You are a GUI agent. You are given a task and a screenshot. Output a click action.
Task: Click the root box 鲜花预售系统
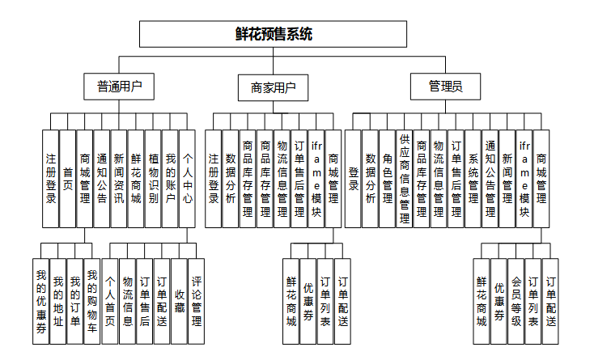click(273, 34)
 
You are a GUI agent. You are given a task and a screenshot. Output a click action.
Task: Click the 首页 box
click(68, 178)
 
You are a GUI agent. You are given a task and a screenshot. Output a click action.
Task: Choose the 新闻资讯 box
click(118, 178)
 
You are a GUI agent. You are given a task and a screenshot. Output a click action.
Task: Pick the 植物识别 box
click(153, 178)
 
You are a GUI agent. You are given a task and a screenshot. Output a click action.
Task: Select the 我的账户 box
click(170, 178)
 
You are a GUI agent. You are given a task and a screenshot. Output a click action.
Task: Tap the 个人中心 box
click(187, 178)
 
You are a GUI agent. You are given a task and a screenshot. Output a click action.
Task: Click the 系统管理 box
click(473, 178)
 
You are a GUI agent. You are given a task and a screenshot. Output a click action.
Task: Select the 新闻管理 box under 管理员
click(507, 178)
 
